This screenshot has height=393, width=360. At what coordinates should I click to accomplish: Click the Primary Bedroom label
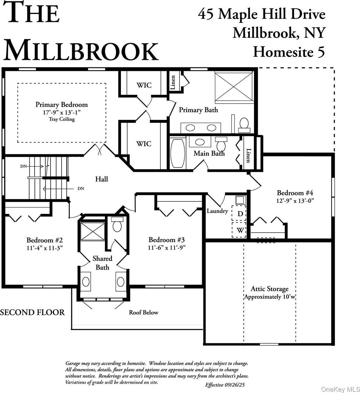click(61, 105)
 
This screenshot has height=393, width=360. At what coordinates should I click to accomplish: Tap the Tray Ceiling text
click(61, 119)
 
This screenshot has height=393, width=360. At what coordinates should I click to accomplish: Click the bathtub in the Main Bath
click(178, 154)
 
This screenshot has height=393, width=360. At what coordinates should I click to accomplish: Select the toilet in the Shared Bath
click(117, 224)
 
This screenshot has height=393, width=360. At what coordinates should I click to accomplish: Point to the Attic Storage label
click(269, 289)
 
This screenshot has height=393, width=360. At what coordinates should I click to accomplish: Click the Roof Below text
click(143, 313)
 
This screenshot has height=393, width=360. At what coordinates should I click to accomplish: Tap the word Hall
click(102, 179)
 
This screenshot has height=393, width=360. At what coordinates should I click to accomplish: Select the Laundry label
click(217, 211)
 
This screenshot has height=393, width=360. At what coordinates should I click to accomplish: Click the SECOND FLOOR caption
click(32, 312)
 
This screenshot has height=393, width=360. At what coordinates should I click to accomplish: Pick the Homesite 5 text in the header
click(289, 52)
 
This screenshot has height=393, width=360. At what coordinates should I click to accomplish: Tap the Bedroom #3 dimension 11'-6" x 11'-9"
click(167, 248)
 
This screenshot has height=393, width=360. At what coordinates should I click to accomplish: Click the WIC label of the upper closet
click(144, 85)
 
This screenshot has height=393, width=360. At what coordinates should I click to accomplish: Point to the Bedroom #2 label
click(44, 240)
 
